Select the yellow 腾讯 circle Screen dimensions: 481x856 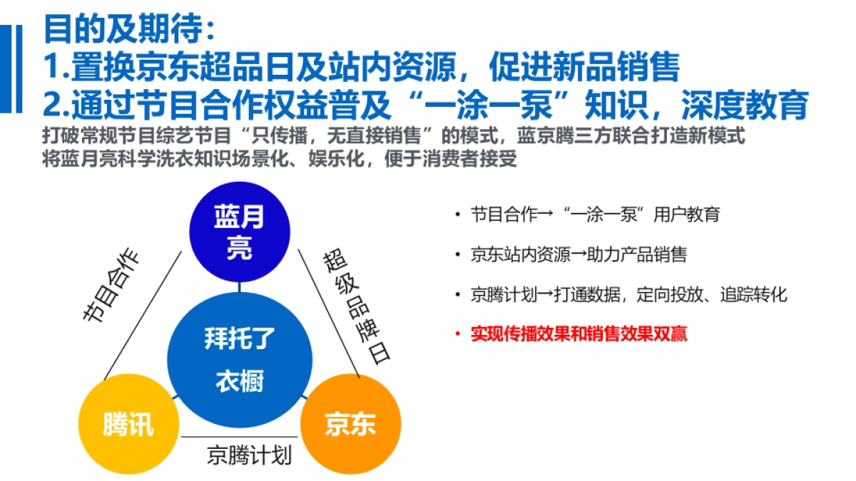(128, 424)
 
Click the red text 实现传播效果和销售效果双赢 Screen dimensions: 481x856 (579, 333)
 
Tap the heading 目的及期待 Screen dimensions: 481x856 (128, 31)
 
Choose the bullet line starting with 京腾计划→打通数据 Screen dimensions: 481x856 (628, 294)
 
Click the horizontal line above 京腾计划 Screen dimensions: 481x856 (239, 437)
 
